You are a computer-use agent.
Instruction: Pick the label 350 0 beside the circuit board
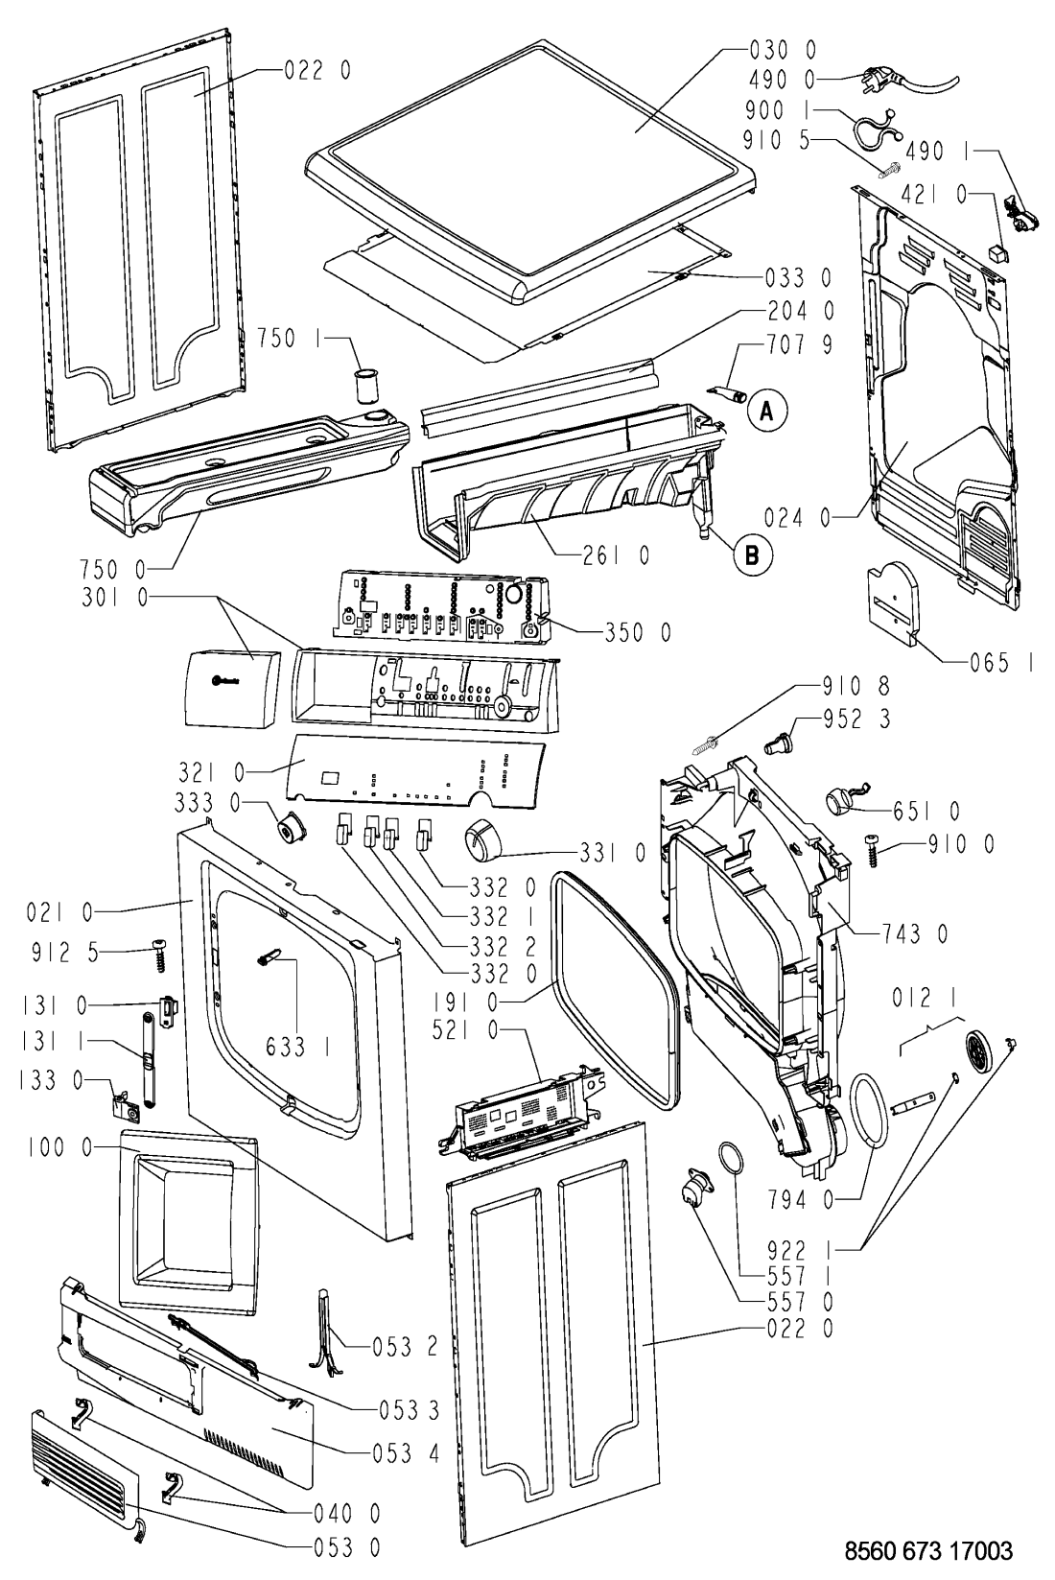coord(637,632)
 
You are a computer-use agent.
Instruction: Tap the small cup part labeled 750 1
coord(365,386)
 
